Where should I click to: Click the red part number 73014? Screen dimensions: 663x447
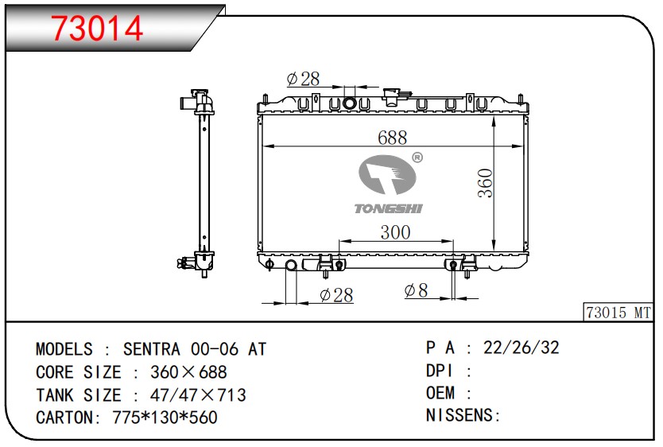pos(97,29)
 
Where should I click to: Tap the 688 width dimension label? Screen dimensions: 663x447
pos(393,138)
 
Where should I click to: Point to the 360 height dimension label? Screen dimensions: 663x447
pos(486,183)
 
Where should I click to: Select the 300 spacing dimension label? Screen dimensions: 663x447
pos(395,232)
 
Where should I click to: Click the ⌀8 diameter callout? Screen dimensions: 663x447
pos(416,290)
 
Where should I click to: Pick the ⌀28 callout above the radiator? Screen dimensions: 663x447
pos(303,79)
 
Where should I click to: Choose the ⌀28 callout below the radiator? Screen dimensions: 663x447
pos(336,295)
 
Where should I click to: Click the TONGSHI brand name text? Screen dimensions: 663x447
pos(389,208)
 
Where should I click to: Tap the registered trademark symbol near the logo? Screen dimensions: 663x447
pos(417,157)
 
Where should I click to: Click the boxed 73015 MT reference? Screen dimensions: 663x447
pos(618,313)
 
